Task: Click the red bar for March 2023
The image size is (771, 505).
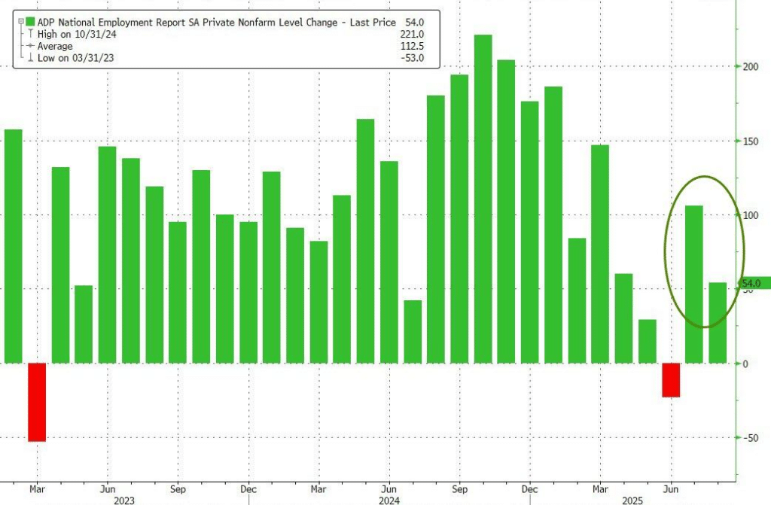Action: pos(37,402)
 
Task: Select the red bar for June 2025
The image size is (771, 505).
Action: pos(671,380)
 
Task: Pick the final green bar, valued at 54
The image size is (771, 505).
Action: pos(718,323)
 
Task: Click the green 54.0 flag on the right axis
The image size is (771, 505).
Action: pos(754,283)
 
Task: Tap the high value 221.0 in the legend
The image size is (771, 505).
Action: pos(411,35)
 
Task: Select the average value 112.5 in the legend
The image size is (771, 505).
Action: pos(411,47)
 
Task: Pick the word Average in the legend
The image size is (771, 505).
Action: pos(55,47)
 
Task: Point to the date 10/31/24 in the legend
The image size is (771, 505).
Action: pos(86,35)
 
